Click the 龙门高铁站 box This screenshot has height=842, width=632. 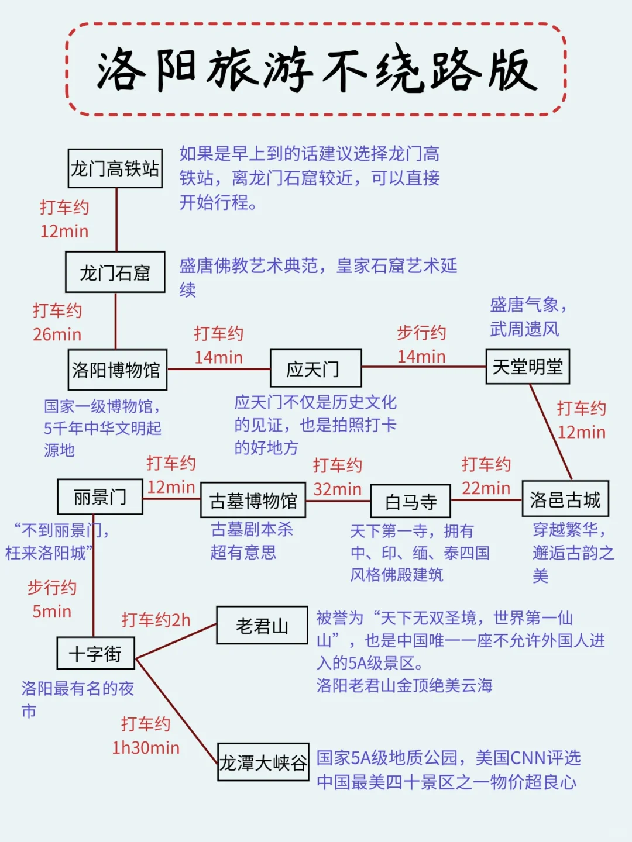pos(115,168)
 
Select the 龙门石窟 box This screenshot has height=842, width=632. pos(115,272)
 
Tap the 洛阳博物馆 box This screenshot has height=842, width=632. pos(117,370)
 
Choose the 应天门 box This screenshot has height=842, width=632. pos(315,368)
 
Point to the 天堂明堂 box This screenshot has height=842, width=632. pos(527,367)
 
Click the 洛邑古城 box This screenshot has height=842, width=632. pos(565,499)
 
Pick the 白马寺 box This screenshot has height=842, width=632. pos(410,501)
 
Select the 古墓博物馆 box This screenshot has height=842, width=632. pos(253,500)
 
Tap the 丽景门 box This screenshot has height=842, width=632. pos(99,496)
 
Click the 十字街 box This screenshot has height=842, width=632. pos(95,653)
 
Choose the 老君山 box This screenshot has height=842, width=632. pos(262,626)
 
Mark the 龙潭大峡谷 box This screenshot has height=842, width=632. pos(263,762)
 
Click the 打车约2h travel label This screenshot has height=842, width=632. pos(156,620)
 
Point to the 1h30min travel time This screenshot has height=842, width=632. pos(146,748)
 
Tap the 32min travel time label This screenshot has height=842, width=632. pos(337,489)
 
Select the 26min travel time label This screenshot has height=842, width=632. pos(57,334)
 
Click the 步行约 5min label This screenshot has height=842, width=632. pos(51,599)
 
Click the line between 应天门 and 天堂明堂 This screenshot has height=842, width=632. pos(424,367)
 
